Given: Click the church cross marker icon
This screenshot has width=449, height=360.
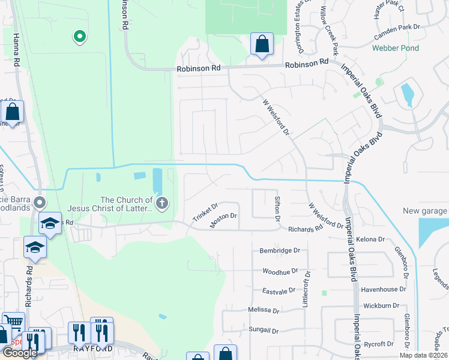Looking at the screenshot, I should (x=161, y=204).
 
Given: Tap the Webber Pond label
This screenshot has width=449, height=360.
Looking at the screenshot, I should (x=394, y=47).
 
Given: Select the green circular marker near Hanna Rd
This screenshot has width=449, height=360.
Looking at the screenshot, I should (x=79, y=37).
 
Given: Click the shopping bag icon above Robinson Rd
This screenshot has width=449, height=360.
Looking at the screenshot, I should (x=261, y=44).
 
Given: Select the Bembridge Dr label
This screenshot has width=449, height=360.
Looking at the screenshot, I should (x=279, y=250).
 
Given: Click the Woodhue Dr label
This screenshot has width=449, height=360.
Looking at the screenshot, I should (x=280, y=271).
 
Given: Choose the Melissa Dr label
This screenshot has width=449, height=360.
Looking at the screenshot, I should (x=264, y=310).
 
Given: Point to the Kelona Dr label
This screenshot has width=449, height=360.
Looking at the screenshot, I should (x=370, y=239).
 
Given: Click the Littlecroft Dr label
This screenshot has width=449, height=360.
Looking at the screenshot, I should (x=306, y=289).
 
